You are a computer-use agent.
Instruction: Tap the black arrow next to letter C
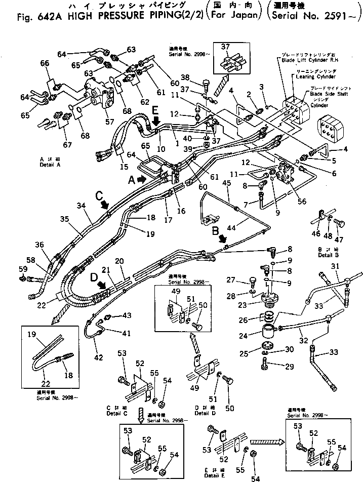pos(105,204)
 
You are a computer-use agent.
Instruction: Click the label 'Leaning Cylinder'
pos(316,77)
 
